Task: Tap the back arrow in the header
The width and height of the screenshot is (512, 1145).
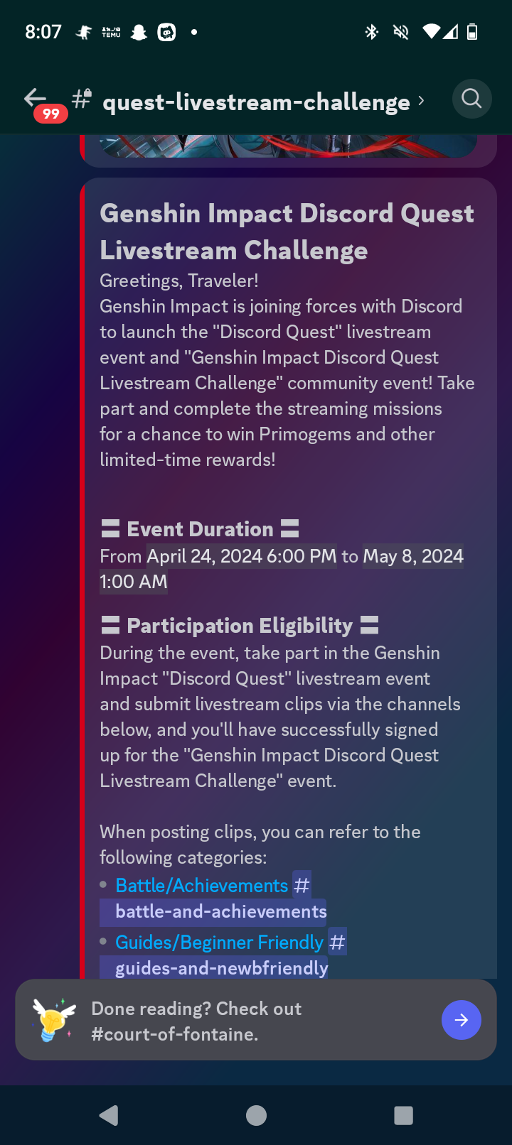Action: (x=35, y=98)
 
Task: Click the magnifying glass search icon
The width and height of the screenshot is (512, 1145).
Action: (x=471, y=99)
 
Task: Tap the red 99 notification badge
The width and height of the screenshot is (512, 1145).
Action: (x=50, y=114)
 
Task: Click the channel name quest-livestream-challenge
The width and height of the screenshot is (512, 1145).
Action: (x=256, y=102)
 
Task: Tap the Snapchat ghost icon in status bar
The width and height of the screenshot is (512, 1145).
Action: (x=139, y=32)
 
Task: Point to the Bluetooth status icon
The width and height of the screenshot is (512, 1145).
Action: (x=371, y=32)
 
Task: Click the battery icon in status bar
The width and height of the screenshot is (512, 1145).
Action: (x=472, y=32)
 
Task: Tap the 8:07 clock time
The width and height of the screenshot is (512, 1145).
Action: (x=43, y=32)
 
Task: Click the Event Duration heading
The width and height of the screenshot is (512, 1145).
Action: (x=200, y=529)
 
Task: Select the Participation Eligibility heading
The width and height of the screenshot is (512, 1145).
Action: (x=240, y=626)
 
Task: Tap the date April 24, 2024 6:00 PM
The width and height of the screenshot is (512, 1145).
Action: (x=242, y=556)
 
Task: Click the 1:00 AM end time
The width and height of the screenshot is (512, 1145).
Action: (x=134, y=582)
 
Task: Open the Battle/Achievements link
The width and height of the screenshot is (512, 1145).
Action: (x=201, y=886)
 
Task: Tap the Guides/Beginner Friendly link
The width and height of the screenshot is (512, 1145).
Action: (x=219, y=943)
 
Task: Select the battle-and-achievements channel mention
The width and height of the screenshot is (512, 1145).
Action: (x=220, y=911)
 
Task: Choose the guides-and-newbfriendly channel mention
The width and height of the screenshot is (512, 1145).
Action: (x=221, y=968)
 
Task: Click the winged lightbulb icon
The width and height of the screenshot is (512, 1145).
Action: (x=54, y=1019)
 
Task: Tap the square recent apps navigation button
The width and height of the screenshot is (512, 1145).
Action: (x=403, y=1115)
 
